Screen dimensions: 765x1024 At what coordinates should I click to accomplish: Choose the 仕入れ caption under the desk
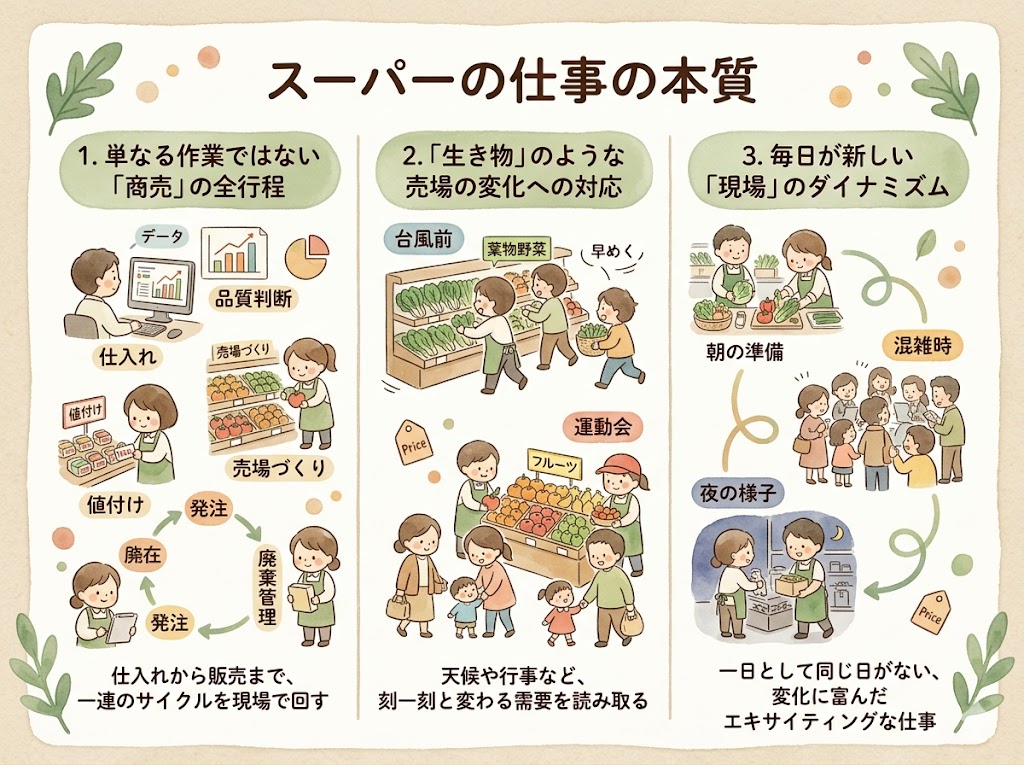(123, 355)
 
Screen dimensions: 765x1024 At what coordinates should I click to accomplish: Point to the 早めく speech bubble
(607, 255)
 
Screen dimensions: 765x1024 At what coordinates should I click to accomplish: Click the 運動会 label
(602, 426)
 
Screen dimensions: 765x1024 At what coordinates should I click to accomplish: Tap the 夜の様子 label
(734, 492)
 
